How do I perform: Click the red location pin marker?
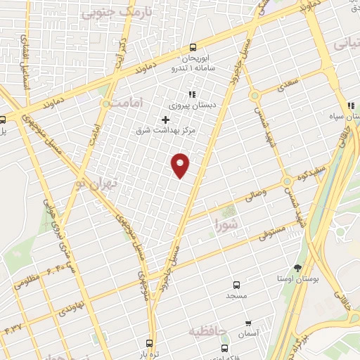coord(181,165)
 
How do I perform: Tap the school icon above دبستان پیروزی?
coord(190,94)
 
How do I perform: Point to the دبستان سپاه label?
coord(337,113)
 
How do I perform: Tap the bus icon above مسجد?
coord(236,285)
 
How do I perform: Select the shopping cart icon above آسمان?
coord(247,323)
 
